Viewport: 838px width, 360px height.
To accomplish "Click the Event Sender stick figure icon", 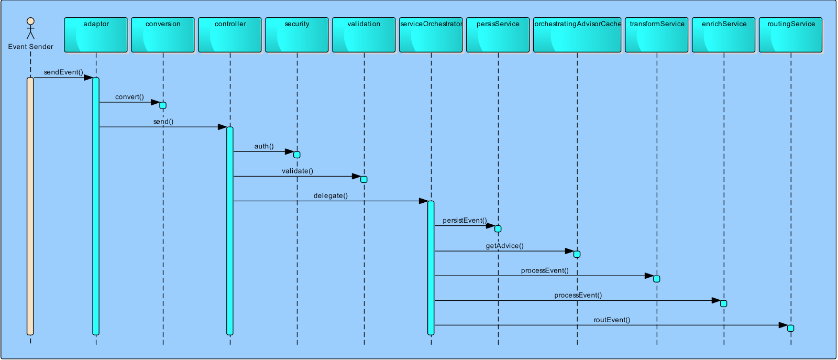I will pos(30,28).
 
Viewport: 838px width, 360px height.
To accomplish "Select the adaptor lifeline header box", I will pos(96,35).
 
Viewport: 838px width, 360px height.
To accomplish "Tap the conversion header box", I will pos(163,35).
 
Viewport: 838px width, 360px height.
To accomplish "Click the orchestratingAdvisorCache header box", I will pos(577,35).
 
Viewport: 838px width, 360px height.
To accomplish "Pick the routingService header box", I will pos(791,35).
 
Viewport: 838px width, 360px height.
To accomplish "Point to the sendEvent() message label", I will pos(63,72).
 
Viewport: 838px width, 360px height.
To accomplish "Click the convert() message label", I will pos(129,97).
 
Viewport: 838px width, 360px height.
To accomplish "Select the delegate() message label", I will pos(330,196).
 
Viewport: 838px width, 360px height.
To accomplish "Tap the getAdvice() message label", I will pos(504,246).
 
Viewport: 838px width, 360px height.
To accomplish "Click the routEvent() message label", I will pos(612,320).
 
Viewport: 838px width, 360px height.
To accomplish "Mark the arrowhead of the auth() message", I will pos(289,152).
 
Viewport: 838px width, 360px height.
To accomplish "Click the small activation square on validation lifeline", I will pos(364,180).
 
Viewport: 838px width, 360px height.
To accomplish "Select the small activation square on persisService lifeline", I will pos(498,229).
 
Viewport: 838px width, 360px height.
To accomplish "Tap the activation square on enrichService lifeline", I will pos(724,303).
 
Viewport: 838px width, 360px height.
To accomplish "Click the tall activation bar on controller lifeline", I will pos(230,231).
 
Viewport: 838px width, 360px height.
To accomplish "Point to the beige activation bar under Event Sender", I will pos(30,206).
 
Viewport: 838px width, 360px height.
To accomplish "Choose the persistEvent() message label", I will pos(465,221).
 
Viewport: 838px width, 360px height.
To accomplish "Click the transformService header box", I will pos(657,35).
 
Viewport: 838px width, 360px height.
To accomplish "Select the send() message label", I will pos(163,122).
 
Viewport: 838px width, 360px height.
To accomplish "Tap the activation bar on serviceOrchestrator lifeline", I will pos(431,267).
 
